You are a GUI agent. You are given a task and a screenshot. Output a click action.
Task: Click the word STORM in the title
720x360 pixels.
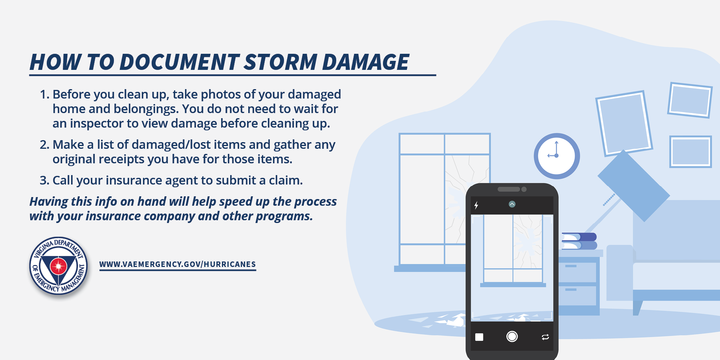coord(280,62)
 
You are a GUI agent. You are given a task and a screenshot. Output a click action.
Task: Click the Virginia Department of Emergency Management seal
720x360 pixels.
coord(59,266)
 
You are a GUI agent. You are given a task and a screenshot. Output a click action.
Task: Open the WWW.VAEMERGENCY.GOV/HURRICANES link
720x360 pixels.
coord(178,264)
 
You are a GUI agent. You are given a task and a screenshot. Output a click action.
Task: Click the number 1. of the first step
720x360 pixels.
coord(44,94)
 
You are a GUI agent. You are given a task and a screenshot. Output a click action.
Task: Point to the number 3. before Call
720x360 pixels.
coord(44,180)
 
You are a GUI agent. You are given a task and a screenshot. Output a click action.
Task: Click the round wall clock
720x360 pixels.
coord(557,156)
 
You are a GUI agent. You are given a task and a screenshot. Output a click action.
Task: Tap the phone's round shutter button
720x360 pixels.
coord(512,336)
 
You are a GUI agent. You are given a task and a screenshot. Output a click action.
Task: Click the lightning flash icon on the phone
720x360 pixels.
coord(476,205)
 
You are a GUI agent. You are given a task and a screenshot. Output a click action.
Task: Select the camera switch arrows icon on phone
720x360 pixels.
coord(545,337)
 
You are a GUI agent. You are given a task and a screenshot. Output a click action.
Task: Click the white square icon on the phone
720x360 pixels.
coord(479,337)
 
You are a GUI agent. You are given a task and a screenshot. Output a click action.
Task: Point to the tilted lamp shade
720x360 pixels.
coord(633,185)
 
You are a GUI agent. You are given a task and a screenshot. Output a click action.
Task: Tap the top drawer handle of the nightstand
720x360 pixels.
coord(571,266)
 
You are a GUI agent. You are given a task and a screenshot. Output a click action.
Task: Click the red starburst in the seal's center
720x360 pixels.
coord(59,266)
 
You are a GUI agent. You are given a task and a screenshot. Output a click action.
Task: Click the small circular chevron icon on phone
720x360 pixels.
coord(512,204)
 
